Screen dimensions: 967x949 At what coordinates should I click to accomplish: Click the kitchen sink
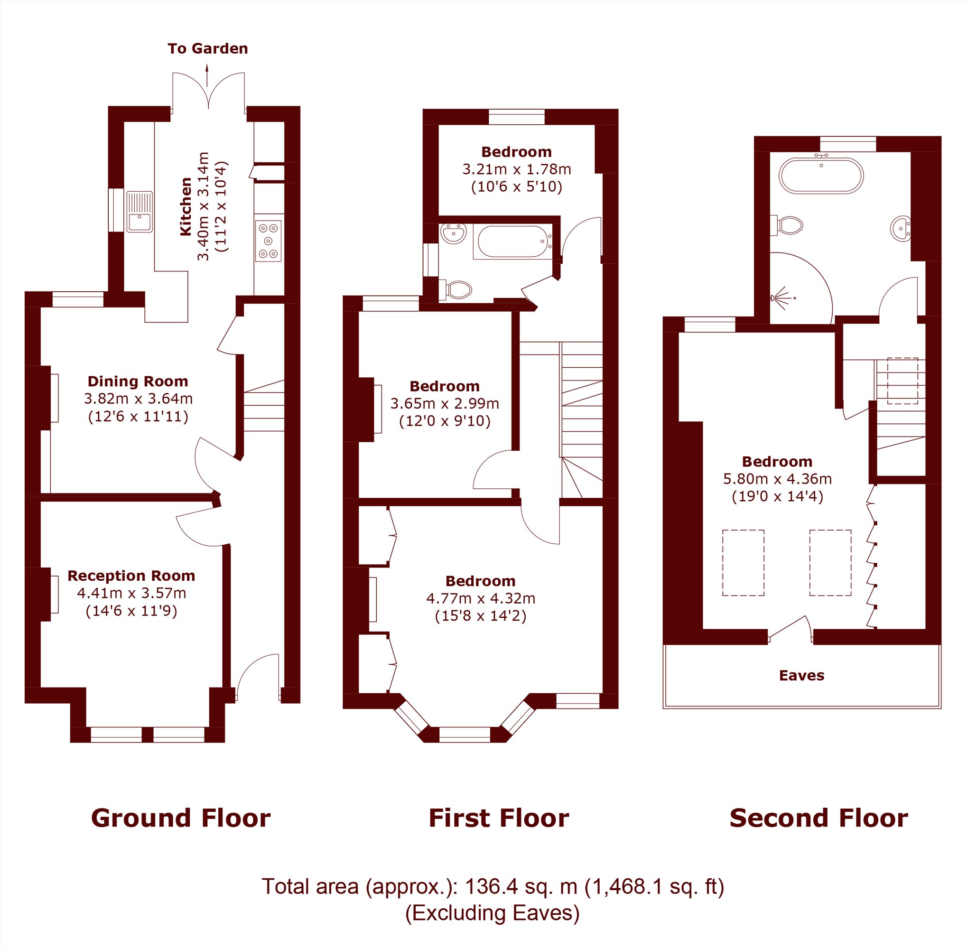click(x=139, y=212)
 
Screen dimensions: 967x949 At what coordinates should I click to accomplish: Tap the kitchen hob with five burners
click(x=269, y=241)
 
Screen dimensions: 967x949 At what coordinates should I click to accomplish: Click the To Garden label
click(x=208, y=49)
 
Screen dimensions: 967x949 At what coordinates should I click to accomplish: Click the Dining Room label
click(x=138, y=381)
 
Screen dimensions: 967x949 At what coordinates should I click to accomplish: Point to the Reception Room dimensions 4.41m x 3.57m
click(x=131, y=593)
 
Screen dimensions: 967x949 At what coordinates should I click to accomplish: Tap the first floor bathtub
click(x=513, y=242)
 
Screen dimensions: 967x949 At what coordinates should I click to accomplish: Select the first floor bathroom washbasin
click(x=454, y=233)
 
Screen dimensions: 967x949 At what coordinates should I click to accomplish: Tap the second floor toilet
click(x=787, y=225)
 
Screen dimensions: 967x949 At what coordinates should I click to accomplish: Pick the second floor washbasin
click(x=901, y=229)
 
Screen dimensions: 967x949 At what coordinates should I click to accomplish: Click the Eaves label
click(x=801, y=675)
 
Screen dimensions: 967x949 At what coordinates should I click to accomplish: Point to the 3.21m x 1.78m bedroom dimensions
click(x=517, y=169)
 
